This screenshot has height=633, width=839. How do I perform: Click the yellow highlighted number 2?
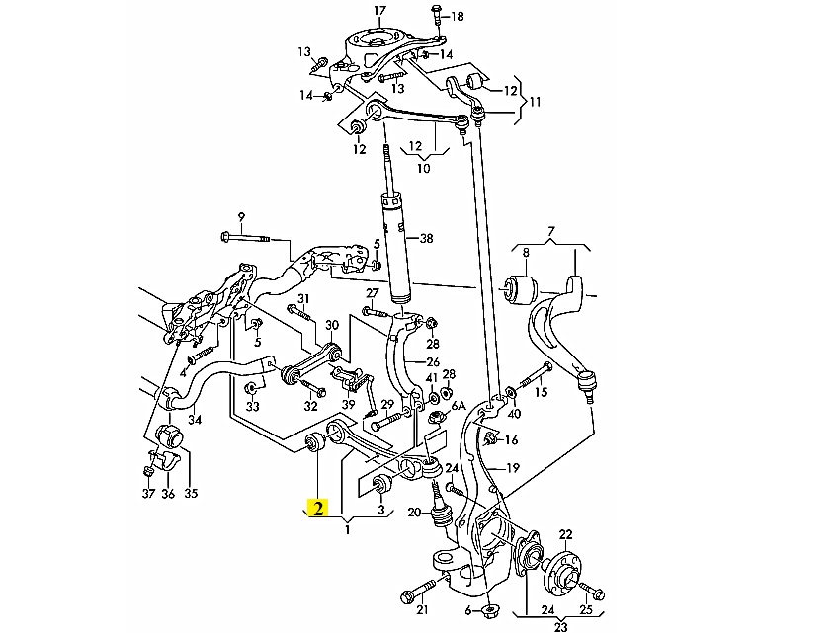click(x=318, y=508)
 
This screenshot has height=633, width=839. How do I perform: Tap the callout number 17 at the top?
click(x=379, y=11)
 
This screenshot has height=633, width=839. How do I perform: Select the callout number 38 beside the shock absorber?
click(x=426, y=238)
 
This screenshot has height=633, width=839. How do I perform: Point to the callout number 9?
click(x=241, y=217)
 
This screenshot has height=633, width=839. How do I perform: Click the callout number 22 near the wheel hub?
click(x=565, y=534)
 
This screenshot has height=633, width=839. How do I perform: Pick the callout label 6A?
click(x=459, y=406)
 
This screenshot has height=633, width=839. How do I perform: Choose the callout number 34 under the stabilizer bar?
click(x=195, y=420)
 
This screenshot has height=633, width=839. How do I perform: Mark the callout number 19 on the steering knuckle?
click(x=513, y=468)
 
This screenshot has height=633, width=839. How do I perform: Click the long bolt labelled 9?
click(x=246, y=237)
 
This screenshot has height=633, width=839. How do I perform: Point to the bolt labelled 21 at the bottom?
click(x=421, y=590)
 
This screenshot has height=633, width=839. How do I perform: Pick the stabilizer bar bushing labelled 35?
click(x=171, y=439)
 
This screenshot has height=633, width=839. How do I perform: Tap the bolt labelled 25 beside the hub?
click(x=591, y=591)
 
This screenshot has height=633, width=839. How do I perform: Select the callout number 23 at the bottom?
click(x=560, y=627)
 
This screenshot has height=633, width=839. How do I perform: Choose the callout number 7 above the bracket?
click(x=551, y=232)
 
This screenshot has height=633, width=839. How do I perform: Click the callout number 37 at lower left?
click(x=148, y=493)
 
